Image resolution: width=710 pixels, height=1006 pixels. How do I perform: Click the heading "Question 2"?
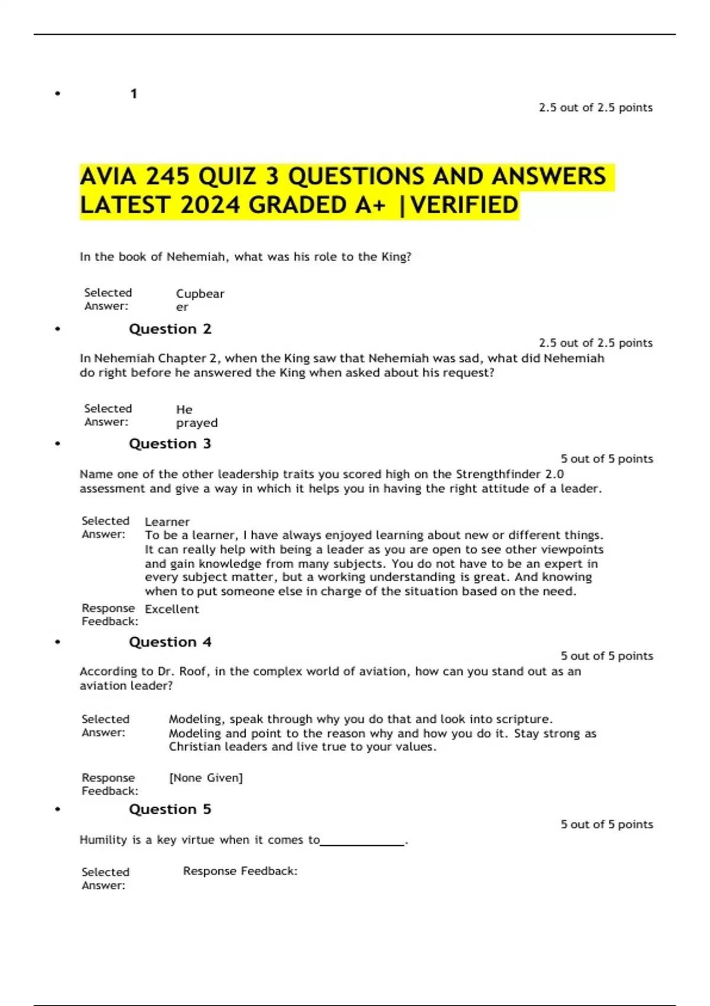pos(170,329)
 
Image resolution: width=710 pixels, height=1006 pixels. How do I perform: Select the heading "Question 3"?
pos(170,444)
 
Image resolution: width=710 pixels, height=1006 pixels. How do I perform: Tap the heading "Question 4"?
pos(170,642)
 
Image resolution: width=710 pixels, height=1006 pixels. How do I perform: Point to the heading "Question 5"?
pos(170,810)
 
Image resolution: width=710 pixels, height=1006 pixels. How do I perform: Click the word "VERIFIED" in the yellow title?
pos(464,205)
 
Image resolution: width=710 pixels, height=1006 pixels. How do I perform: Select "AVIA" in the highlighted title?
pos(108,176)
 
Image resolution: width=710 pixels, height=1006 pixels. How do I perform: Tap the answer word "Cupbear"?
pos(200,294)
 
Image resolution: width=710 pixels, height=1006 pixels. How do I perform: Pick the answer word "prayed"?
pos(197,423)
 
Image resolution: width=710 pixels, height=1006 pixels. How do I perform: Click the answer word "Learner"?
pos(167,522)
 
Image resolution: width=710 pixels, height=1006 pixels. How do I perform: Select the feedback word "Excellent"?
pos(172,609)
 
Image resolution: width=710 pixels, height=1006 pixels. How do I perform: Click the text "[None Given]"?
pos(206,778)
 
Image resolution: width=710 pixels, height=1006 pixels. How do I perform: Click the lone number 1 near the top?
pos(134,93)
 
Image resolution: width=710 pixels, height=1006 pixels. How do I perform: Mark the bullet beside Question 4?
pos(57,642)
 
